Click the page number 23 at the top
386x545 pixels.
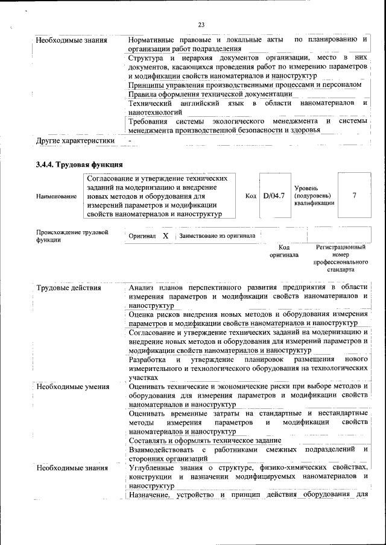click(201, 25)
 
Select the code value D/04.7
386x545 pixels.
click(273, 196)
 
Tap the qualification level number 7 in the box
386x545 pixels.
click(354, 196)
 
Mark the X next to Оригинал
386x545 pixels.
click(165, 236)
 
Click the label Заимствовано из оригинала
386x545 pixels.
click(217, 236)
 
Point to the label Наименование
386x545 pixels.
click(56, 196)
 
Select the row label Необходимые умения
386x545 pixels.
click(72, 386)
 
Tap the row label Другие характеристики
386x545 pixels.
click(75, 141)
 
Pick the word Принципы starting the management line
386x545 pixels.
click(148, 85)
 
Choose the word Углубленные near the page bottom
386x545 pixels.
click(154, 467)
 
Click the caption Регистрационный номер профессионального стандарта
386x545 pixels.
click(341, 258)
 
